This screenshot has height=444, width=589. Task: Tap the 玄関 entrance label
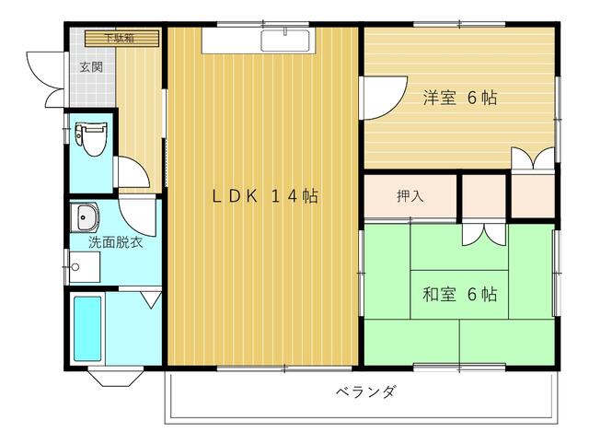[x=91, y=67]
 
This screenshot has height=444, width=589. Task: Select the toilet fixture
[x=89, y=141]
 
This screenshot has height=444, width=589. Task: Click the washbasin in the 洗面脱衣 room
[x=86, y=217]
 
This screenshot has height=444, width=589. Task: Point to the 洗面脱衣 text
[x=115, y=243]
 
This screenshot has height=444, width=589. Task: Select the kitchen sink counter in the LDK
[x=286, y=41]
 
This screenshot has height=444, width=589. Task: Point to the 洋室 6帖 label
[x=459, y=98]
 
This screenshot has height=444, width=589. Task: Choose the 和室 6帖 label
[x=459, y=295]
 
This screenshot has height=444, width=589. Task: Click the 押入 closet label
[x=410, y=196]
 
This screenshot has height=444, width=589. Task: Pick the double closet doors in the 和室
[x=483, y=234]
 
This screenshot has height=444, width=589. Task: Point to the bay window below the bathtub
[x=113, y=378]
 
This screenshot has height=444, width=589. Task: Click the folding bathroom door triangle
[x=152, y=299]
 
